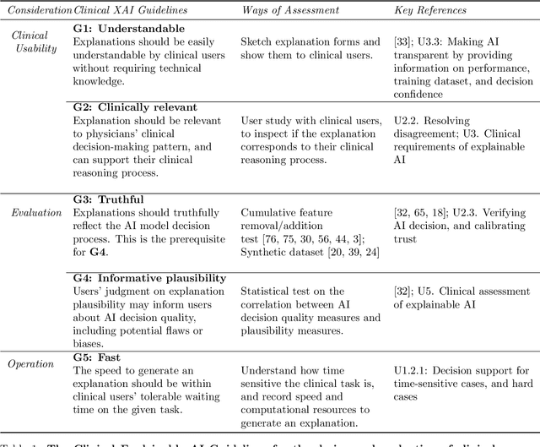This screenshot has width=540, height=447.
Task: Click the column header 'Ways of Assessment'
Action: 291,11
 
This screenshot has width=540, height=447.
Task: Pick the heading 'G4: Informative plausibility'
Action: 150,277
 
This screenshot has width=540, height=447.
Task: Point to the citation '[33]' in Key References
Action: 402,41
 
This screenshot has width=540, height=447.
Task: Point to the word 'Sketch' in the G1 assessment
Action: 257,41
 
